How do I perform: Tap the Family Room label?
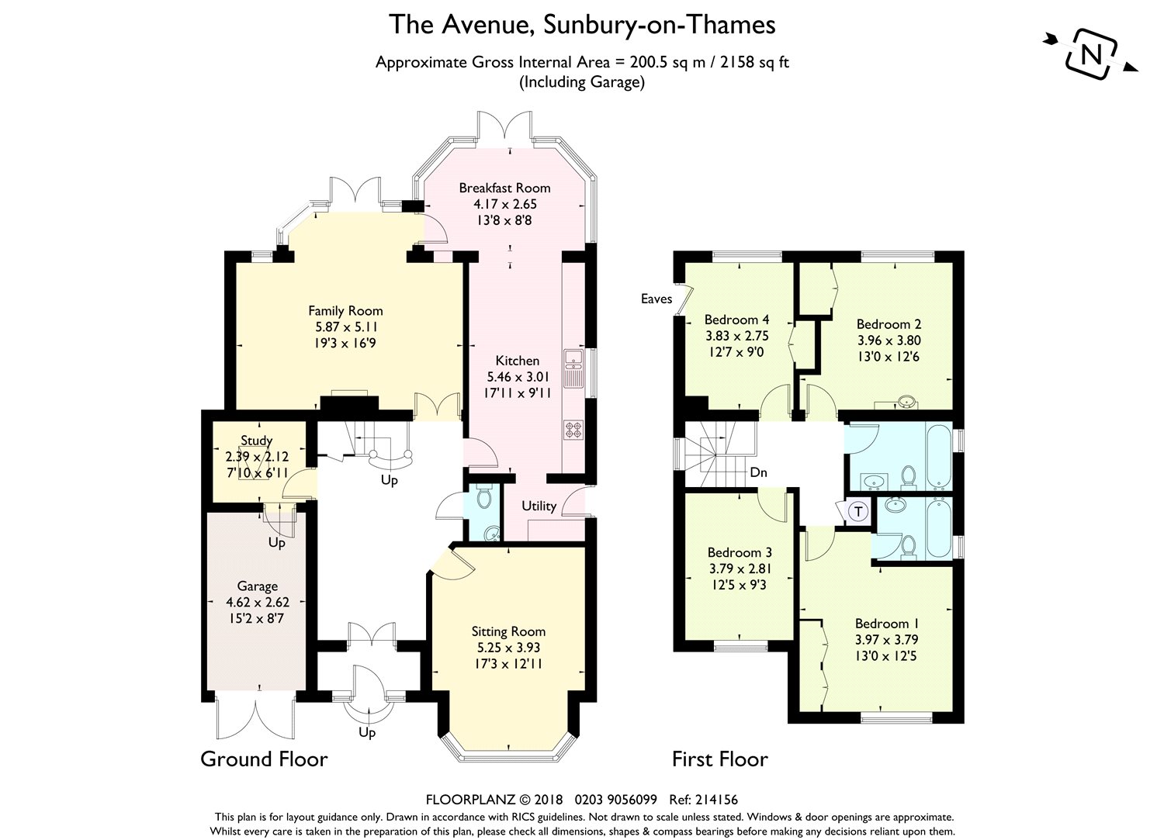[345, 311]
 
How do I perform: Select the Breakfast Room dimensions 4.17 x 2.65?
[504, 204]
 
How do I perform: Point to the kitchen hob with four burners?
[573, 429]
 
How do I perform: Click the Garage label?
[257, 586]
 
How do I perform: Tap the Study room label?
[257, 441]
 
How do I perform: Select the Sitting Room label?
[509, 631]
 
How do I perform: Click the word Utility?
[539, 506]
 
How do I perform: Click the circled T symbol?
[858, 512]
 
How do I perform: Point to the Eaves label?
[656, 299]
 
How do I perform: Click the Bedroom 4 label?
[736, 320]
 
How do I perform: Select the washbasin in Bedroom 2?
[907, 402]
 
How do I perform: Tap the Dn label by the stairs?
[759, 472]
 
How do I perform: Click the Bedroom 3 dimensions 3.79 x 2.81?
[740, 569]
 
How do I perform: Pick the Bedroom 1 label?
[886, 624]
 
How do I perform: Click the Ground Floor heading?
[264, 759]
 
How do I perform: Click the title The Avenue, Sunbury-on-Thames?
[582, 24]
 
